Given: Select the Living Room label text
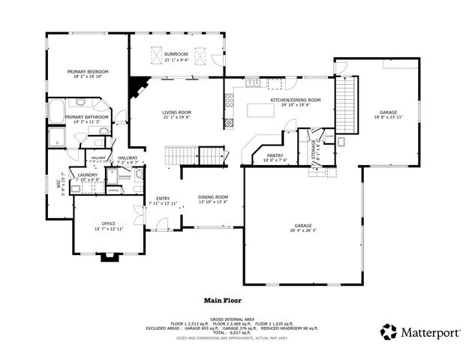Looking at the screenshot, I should click(x=177, y=115).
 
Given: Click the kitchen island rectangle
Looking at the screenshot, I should click(x=263, y=112).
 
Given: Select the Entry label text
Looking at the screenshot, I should click(x=163, y=200).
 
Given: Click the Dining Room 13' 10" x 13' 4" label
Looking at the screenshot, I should click(x=213, y=199).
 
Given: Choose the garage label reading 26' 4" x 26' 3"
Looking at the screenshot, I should click(x=302, y=227).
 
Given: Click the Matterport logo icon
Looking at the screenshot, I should click(x=389, y=331).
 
